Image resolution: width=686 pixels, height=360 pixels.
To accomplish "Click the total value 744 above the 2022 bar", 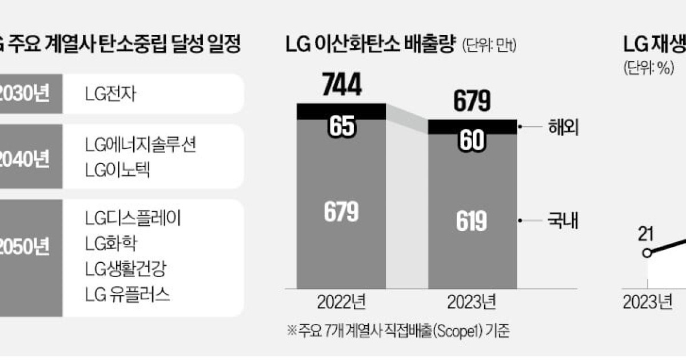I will tap(341, 86).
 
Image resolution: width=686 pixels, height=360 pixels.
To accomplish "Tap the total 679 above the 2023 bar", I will tap(472, 102).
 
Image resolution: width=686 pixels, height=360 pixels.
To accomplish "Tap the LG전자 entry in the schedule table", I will tap(109, 93).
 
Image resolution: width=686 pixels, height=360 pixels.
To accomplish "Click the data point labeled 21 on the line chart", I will tap(647, 253).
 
